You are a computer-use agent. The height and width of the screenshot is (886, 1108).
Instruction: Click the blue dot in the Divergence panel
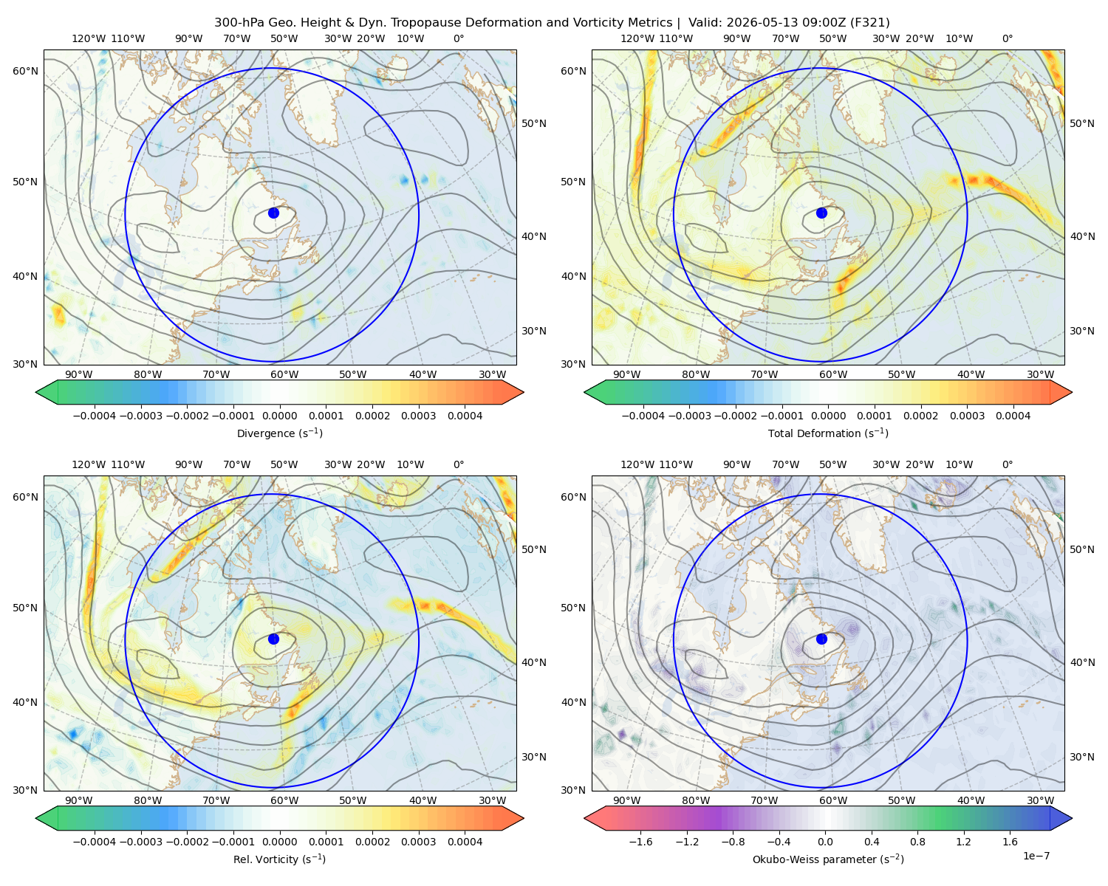(x=273, y=213)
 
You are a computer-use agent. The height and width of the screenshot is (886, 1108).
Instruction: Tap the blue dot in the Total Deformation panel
(x=821, y=213)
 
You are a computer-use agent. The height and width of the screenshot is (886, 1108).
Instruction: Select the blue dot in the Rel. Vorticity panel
(x=273, y=639)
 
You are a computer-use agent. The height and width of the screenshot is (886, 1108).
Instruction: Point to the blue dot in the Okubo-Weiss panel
(x=821, y=639)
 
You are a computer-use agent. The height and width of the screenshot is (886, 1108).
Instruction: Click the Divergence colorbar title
(x=279, y=433)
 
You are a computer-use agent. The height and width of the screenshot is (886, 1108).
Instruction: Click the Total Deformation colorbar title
(x=828, y=433)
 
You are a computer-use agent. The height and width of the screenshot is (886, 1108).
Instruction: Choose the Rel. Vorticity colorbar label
(x=279, y=859)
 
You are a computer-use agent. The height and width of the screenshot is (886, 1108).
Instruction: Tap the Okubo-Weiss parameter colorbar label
(x=828, y=859)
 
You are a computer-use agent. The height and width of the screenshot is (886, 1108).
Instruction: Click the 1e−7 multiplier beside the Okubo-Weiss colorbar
(x=1036, y=856)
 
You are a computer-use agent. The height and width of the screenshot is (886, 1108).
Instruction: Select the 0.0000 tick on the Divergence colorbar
(x=279, y=416)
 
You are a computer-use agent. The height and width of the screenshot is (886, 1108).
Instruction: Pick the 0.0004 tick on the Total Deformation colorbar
(x=1013, y=416)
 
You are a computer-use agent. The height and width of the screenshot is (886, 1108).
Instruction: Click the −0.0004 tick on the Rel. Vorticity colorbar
(x=95, y=842)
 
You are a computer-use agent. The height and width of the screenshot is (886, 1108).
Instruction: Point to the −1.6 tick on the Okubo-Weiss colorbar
(x=640, y=842)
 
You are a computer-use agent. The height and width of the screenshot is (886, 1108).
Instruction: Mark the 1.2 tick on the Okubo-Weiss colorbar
(x=963, y=842)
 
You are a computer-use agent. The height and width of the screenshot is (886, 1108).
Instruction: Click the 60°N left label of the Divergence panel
(x=25, y=71)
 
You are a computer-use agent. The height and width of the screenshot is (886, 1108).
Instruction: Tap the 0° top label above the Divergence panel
(x=459, y=38)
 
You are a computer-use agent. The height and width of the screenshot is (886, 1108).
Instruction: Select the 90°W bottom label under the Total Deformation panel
(x=626, y=374)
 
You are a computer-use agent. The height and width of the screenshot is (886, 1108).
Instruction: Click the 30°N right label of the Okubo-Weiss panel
(x=1082, y=757)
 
